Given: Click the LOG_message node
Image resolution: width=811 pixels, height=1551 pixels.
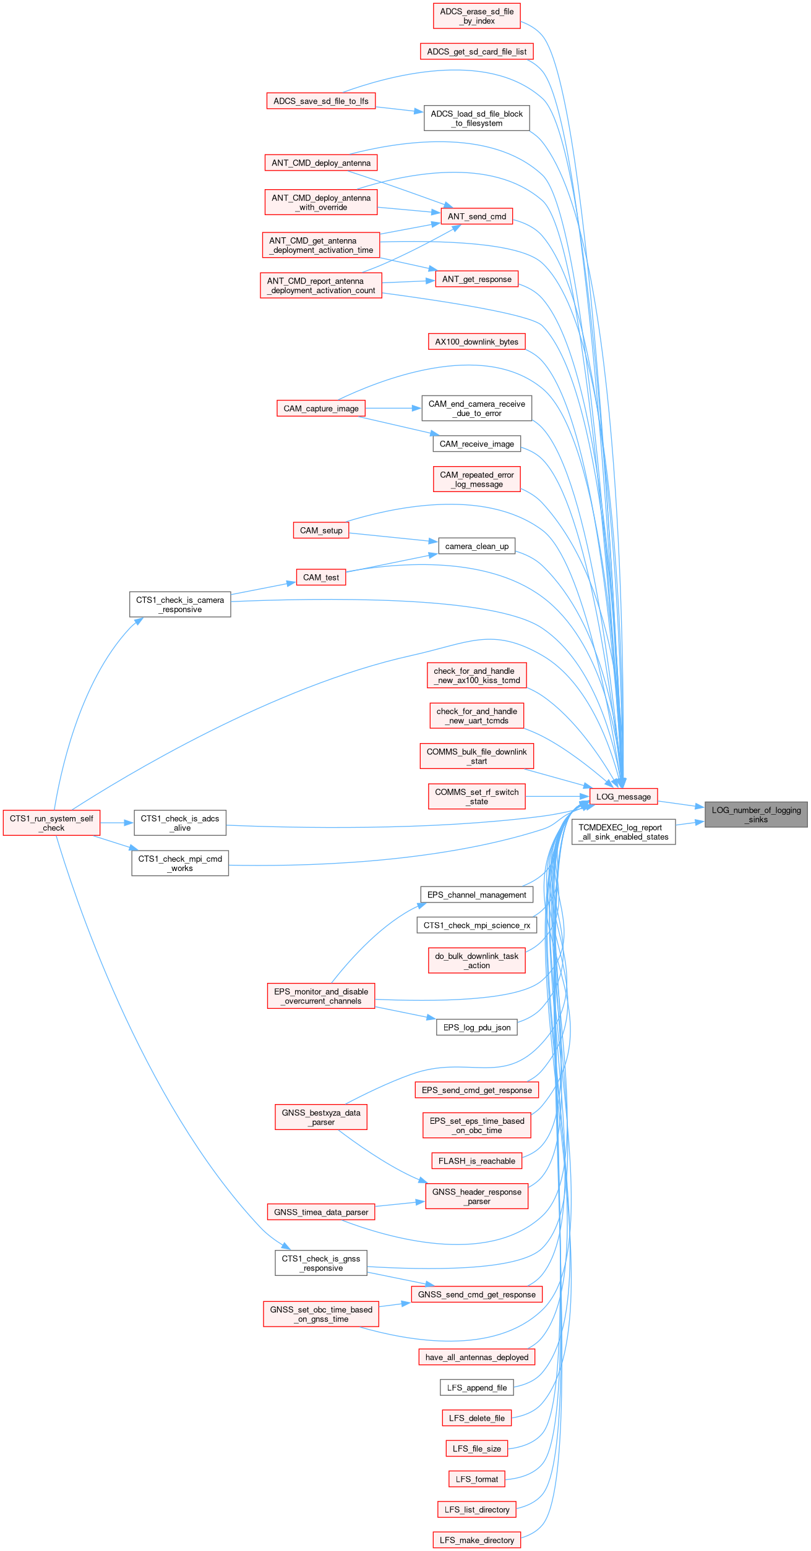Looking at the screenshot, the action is (623, 796).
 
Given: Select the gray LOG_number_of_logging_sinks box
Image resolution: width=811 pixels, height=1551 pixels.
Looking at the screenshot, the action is (756, 814).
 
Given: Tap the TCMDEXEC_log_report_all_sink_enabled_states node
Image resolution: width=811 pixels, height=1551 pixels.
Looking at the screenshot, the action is (624, 832).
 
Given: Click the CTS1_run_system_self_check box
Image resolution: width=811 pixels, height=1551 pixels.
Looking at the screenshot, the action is (52, 823).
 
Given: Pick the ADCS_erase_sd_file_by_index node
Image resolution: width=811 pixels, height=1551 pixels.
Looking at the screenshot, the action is (477, 16).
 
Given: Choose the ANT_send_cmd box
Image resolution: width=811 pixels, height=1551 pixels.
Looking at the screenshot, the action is (476, 216).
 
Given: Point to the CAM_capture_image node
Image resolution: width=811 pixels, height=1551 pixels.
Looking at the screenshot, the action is (321, 409).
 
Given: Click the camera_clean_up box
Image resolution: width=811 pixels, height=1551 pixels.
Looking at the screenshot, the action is (477, 546).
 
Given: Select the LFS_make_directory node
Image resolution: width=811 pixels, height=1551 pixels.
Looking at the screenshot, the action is (477, 1540).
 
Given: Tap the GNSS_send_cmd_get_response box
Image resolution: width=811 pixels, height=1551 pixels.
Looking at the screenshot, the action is (477, 1294).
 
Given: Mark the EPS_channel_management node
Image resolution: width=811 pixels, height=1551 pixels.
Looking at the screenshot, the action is (477, 894).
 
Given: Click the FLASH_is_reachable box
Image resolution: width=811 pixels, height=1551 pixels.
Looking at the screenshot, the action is (477, 1161).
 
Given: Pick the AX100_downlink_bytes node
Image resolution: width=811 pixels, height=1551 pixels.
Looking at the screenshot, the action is (477, 342).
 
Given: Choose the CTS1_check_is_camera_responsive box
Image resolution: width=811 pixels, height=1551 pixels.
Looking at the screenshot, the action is (180, 605).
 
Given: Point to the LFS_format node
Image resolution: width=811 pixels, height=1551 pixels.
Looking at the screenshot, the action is (477, 1479).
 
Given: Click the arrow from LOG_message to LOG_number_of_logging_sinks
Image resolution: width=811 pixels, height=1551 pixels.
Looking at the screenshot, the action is (681, 804).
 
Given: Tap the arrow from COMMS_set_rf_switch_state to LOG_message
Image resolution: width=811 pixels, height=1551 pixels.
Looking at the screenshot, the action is (557, 796).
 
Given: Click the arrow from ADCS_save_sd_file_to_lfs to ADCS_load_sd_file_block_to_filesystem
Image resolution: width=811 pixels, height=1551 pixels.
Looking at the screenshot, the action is (400, 109).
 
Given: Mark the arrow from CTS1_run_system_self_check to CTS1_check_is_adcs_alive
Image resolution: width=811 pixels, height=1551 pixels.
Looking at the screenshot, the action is (117, 823).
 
